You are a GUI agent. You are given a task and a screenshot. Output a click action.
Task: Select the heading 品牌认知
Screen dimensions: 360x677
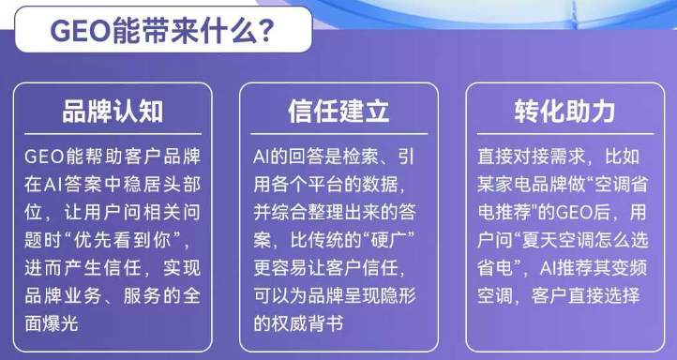113,112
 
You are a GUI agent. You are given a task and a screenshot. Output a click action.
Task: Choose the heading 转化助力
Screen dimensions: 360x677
564,112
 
